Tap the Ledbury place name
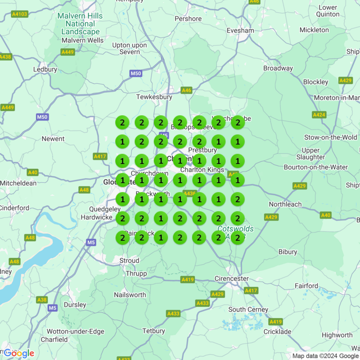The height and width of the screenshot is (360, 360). [45, 69]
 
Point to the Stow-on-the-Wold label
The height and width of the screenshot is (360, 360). [331, 137]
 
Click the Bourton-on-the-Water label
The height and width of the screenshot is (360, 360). [315, 167]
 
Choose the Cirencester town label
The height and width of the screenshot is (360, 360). [232, 279]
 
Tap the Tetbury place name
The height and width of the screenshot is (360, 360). [153, 331]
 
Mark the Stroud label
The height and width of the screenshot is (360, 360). [129, 261]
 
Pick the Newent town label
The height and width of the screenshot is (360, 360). [53, 139]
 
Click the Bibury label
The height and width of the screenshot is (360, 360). [288, 252]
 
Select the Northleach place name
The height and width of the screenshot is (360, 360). [285, 204]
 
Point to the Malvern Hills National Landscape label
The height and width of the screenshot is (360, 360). [80, 24]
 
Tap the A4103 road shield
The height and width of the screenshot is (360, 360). [20, 14]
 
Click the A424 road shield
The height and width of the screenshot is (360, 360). [319, 115]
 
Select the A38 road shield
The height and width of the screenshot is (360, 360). [42, 300]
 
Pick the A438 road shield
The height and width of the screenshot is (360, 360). [5, 57]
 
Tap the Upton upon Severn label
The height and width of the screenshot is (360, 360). [130, 48]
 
